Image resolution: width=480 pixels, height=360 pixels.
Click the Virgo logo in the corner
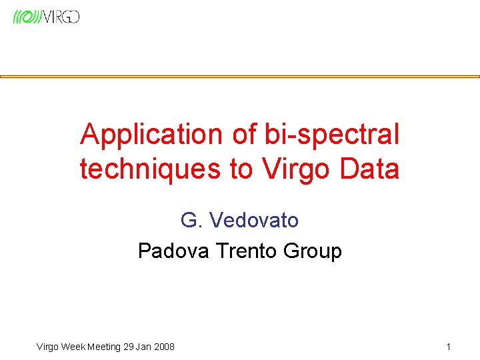(46, 17)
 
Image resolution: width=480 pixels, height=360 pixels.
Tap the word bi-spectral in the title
(332, 135)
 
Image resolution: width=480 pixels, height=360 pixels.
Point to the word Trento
(246, 251)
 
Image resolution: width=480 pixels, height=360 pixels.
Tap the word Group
(312, 251)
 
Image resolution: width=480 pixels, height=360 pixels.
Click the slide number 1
(449, 346)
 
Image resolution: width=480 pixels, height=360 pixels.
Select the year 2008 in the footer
(163, 346)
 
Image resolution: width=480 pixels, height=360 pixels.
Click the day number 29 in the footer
(128, 346)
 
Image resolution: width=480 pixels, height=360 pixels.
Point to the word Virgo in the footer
(47, 346)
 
